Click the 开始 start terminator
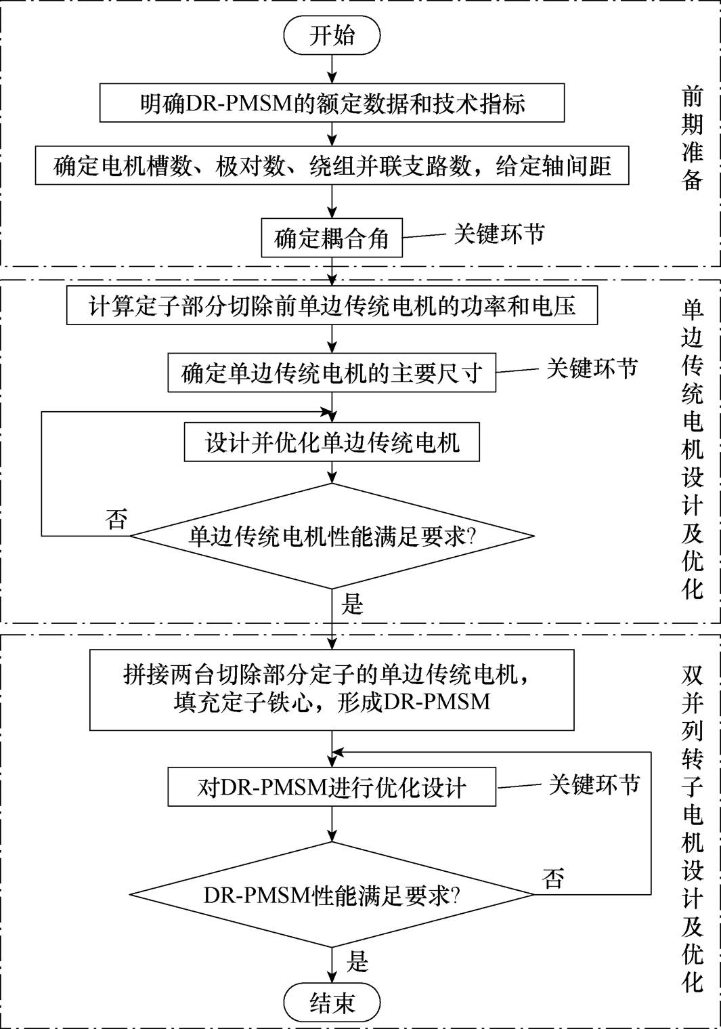pyautogui.click(x=332, y=35)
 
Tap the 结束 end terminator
pyautogui.click(x=332, y=1003)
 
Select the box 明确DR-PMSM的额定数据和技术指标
pyautogui.click(x=332, y=103)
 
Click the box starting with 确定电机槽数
pyautogui.click(x=332, y=166)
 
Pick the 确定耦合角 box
pyautogui.click(x=332, y=238)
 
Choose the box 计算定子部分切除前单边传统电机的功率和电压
pyautogui.click(x=332, y=306)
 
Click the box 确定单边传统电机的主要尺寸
pyautogui.click(x=332, y=373)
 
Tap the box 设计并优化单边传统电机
pyautogui.click(x=332, y=442)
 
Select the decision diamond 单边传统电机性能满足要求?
pyautogui.click(x=332, y=536)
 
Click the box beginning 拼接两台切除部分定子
pyautogui.click(x=332, y=690)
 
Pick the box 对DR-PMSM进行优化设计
pyautogui.click(x=332, y=787)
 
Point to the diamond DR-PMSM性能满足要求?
pyautogui.click(x=332, y=895)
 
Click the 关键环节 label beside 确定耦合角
pyautogui.click(x=499, y=234)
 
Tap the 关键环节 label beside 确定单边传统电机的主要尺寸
pyautogui.click(x=592, y=368)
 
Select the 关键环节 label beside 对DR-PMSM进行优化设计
pyautogui.click(x=594, y=784)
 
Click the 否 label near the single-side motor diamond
pyautogui.click(x=116, y=519)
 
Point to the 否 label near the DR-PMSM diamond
pyautogui.click(x=553, y=879)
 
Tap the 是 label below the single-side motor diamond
pyautogui.click(x=353, y=604)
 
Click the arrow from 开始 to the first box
pyautogui.click(x=332, y=69)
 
